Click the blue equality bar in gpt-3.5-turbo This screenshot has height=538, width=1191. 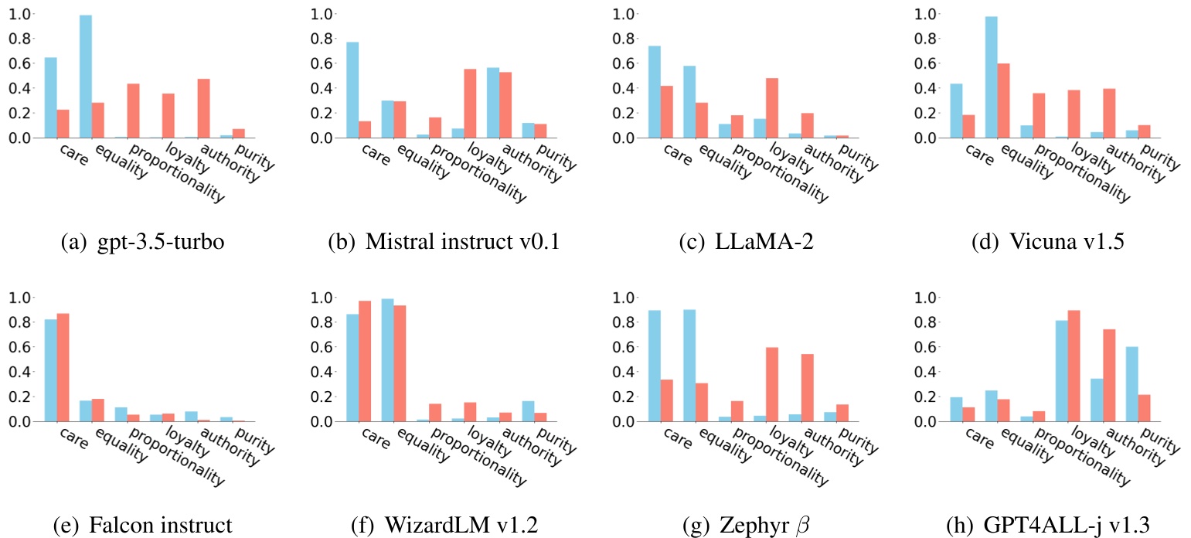86,77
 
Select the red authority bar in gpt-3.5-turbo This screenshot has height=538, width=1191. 203,108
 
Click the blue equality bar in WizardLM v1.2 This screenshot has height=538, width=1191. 387,360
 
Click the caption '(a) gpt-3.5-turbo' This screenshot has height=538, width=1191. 141,242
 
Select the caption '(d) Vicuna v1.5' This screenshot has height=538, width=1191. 1048,242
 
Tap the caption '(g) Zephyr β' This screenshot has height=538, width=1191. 744,526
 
